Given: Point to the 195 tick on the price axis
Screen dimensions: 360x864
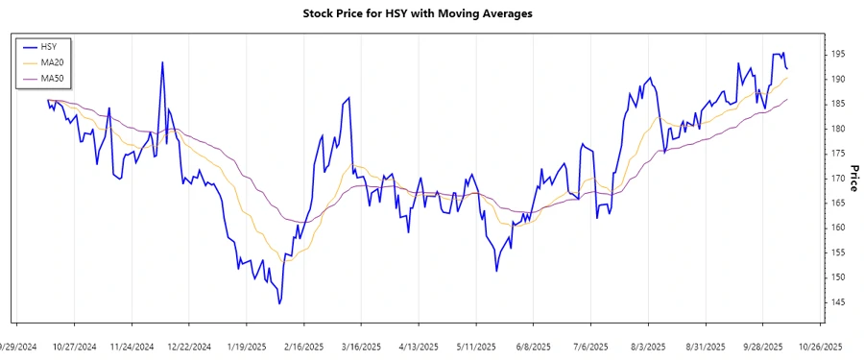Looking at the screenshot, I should pyautogui.click(x=839, y=54).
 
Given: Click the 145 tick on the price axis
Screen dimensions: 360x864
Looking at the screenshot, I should pyautogui.click(x=839, y=302).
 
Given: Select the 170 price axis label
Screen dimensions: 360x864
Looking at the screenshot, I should pyautogui.click(x=839, y=179).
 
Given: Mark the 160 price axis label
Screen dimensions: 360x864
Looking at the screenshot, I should pyautogui.click(x=839, y=228).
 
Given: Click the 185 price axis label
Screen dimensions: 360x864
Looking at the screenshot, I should pyautogui.click(x=839, y=104).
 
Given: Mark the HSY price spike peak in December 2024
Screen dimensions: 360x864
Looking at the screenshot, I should pyautogui.click(x=162, y=62).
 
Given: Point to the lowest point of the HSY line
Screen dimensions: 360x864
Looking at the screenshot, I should pyautogui.click(x=279, y=303).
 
